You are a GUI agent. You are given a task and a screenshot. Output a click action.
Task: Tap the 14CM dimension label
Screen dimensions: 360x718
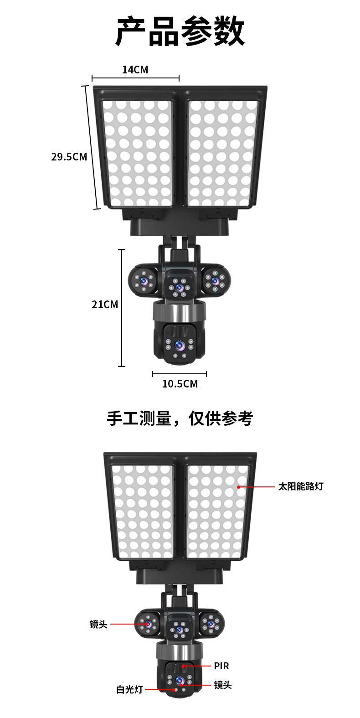[x=135, y=70]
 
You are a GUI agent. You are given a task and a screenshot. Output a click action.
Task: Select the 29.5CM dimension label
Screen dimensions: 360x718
[x=69, y=157]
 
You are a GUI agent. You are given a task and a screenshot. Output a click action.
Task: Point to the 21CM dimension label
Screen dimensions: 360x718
[x=105, y=305]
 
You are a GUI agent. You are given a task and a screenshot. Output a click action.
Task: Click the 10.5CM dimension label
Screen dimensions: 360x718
[x=180, y=384]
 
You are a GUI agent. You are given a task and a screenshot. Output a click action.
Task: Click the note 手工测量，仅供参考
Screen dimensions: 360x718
[x=180, y=418]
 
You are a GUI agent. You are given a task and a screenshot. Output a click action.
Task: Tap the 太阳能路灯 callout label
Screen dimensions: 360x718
[x=301, y=486]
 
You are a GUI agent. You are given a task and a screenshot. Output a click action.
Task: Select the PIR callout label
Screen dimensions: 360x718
[x=221, y=666]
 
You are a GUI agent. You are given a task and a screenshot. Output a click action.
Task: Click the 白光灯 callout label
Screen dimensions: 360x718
[x=129, y=690]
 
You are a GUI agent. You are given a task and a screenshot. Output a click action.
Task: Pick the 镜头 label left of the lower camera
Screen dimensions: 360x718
[x=98, y=624]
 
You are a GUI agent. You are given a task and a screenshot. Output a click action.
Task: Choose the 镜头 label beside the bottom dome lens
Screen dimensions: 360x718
[x=223, y=685]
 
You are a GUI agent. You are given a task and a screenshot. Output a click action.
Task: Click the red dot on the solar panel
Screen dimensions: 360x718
[x=238, y=487]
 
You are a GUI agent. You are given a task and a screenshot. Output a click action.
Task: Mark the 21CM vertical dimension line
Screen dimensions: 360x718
[x=122, y=308]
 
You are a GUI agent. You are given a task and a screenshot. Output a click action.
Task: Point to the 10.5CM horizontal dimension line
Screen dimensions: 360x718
[x=180, y=374]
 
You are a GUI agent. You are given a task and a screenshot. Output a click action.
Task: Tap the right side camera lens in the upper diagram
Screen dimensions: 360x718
[x=214, y=279]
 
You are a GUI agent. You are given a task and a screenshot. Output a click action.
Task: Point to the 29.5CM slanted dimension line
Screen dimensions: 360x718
[x=92, y=148]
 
